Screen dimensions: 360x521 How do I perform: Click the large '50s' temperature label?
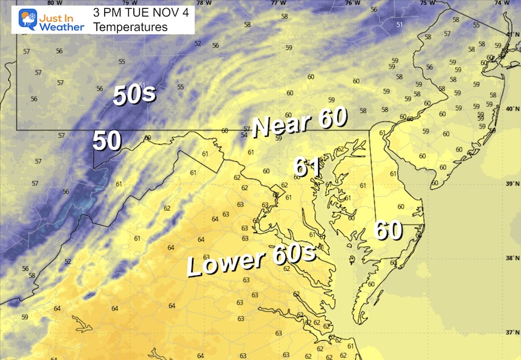(x=134, y=95)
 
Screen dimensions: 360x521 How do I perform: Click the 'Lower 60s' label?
(x=252, y=261)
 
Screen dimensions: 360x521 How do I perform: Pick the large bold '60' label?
(x=388, y=230)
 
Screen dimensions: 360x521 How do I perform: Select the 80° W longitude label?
(x=27, y=3)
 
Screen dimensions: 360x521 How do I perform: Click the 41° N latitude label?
(x=511, y=34)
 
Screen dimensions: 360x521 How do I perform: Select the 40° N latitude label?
(x=511, y=109)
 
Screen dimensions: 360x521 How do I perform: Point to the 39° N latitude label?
(x=511, y=184)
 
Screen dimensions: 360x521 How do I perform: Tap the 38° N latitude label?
(x=511, y=259)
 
